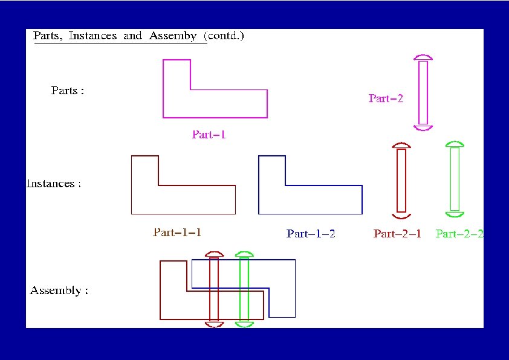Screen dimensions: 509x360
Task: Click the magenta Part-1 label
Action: [209, 135]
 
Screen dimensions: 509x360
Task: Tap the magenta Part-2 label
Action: [386, 98]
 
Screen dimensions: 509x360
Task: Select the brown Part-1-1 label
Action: [177, 232]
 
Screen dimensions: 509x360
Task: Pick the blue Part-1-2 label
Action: [311, 234]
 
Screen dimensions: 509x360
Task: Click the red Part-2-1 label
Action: [397, 234]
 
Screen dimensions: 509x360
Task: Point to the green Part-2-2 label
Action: [459, 234]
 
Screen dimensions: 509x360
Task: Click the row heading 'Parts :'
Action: [67, 91]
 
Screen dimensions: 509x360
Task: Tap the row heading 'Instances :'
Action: [54, 184]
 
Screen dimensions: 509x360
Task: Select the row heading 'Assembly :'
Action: [59, 291]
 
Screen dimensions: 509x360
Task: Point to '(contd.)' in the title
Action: [224, 36]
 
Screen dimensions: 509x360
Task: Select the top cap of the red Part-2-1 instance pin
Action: [401, 146]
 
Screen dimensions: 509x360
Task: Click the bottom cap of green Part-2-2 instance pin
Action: [455, 214]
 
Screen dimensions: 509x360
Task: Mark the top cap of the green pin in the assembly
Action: [244, 254]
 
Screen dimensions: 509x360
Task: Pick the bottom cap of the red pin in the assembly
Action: [214, 324]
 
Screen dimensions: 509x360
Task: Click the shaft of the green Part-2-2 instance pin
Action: [455, 179]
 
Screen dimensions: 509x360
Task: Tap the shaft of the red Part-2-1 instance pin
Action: [401, 180]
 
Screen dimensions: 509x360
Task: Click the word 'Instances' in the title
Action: [92, 36]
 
